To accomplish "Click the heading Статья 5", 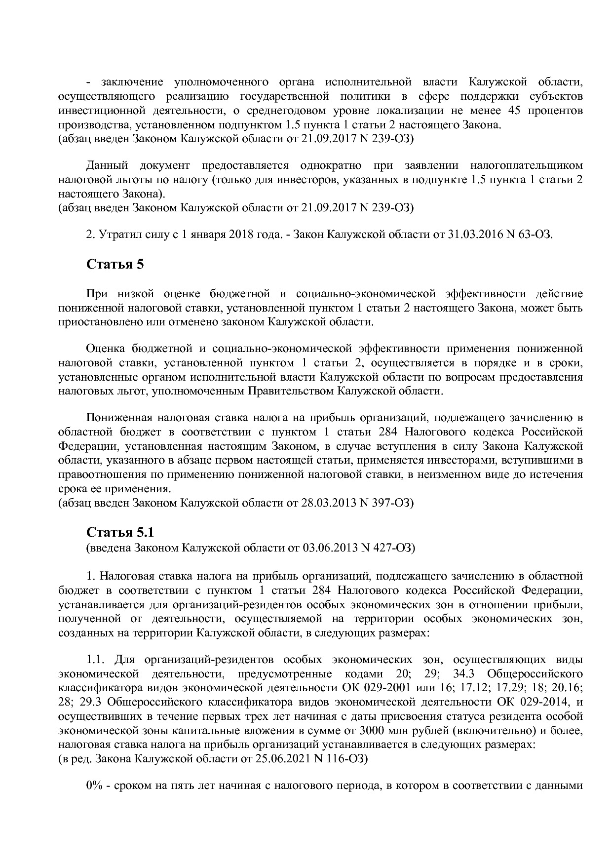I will click(x=115, y=264).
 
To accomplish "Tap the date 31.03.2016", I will click(x=474, y=234).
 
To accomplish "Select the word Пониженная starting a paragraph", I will click(x=117, y=418).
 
